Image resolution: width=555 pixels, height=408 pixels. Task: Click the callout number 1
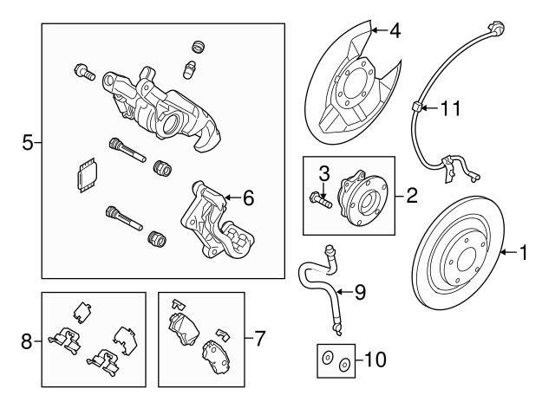click(x=523, y=253)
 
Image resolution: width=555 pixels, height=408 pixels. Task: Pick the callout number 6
click(x=248, y=198)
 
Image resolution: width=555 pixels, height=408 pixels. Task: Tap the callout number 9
click(x=360, y=292)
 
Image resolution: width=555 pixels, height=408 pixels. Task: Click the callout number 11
click(x=448, y=108)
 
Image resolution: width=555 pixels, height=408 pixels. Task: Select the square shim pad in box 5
click(x=86, y=175)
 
